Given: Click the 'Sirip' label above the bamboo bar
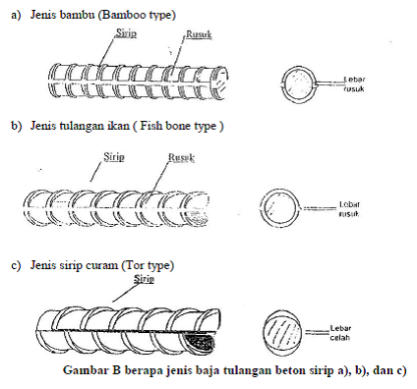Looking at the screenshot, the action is tap(126, 33).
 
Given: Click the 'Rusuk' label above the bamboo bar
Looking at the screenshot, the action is tap(199, 34).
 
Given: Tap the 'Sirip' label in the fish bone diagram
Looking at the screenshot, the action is tap(114, 157).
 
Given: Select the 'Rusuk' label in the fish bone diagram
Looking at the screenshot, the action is tap(181, 157).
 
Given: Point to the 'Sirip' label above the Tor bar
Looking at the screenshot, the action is tap(144, 279).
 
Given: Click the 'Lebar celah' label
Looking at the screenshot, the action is tap(340, 333).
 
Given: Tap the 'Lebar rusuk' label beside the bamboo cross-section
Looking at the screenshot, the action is tap(354, 83).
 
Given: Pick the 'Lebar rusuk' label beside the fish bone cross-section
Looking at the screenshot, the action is tap(349, 209).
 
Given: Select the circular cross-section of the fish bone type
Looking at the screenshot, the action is tap(279, 207).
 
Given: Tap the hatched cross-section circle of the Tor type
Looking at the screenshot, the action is tap(283, 333).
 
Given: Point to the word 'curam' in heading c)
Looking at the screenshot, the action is tap(102, 264).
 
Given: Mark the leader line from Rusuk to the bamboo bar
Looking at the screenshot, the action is tap(180, 51).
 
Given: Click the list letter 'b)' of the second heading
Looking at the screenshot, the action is tap(17, 126).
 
